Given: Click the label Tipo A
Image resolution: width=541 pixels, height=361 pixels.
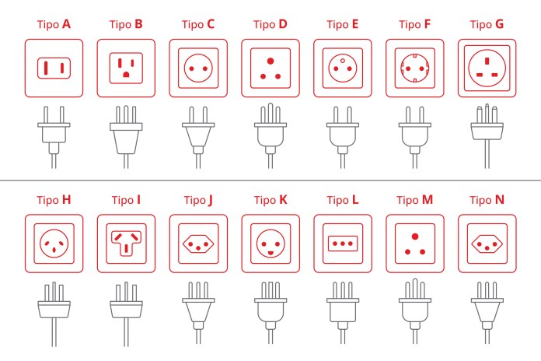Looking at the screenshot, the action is click(x=54, y=24).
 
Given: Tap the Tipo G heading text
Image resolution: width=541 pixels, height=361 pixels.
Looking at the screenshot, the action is click(x=487, y=24).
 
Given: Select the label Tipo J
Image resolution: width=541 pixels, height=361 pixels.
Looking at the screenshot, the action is click(x=198, y=200).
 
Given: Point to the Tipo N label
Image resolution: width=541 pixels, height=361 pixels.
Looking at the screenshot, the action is click(x=487, y=200).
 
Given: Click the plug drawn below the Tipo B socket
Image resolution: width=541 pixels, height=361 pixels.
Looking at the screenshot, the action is click(x=126, y=137).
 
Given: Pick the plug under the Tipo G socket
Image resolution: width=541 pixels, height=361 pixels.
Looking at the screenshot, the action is click(x=487, y=135).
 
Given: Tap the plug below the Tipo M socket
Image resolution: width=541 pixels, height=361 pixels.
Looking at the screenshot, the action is click(x=415, y=311).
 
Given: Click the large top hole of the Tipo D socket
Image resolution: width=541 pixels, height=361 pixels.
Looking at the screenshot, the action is click(x=270, y=61).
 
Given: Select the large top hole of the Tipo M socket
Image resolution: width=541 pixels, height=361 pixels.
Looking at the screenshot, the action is click(x=415, y=237).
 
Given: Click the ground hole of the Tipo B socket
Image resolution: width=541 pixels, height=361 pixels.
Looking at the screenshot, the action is click(x=126, y=74).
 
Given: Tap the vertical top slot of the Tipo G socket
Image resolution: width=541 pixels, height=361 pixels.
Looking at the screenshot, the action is click(x=487, y=61).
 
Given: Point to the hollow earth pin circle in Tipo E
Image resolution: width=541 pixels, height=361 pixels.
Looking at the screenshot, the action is click(x=343, y=61).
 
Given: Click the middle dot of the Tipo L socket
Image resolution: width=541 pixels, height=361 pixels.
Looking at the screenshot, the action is click(x=343, y=244).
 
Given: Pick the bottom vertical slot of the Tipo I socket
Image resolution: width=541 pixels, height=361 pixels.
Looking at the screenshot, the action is click(x=126, y=248).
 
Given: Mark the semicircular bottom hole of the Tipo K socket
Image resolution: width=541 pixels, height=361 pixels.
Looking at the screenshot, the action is click(x=270, y=253).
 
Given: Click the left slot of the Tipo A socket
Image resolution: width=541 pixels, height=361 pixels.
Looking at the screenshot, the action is click(x=46, y=68).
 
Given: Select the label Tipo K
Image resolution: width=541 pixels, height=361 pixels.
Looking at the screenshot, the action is click(x=270, y=200).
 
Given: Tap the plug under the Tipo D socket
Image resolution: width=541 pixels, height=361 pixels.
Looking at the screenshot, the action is click(x=270, y=135).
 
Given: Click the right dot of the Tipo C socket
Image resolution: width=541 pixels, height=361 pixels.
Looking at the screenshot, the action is click(x=205, y=68).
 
